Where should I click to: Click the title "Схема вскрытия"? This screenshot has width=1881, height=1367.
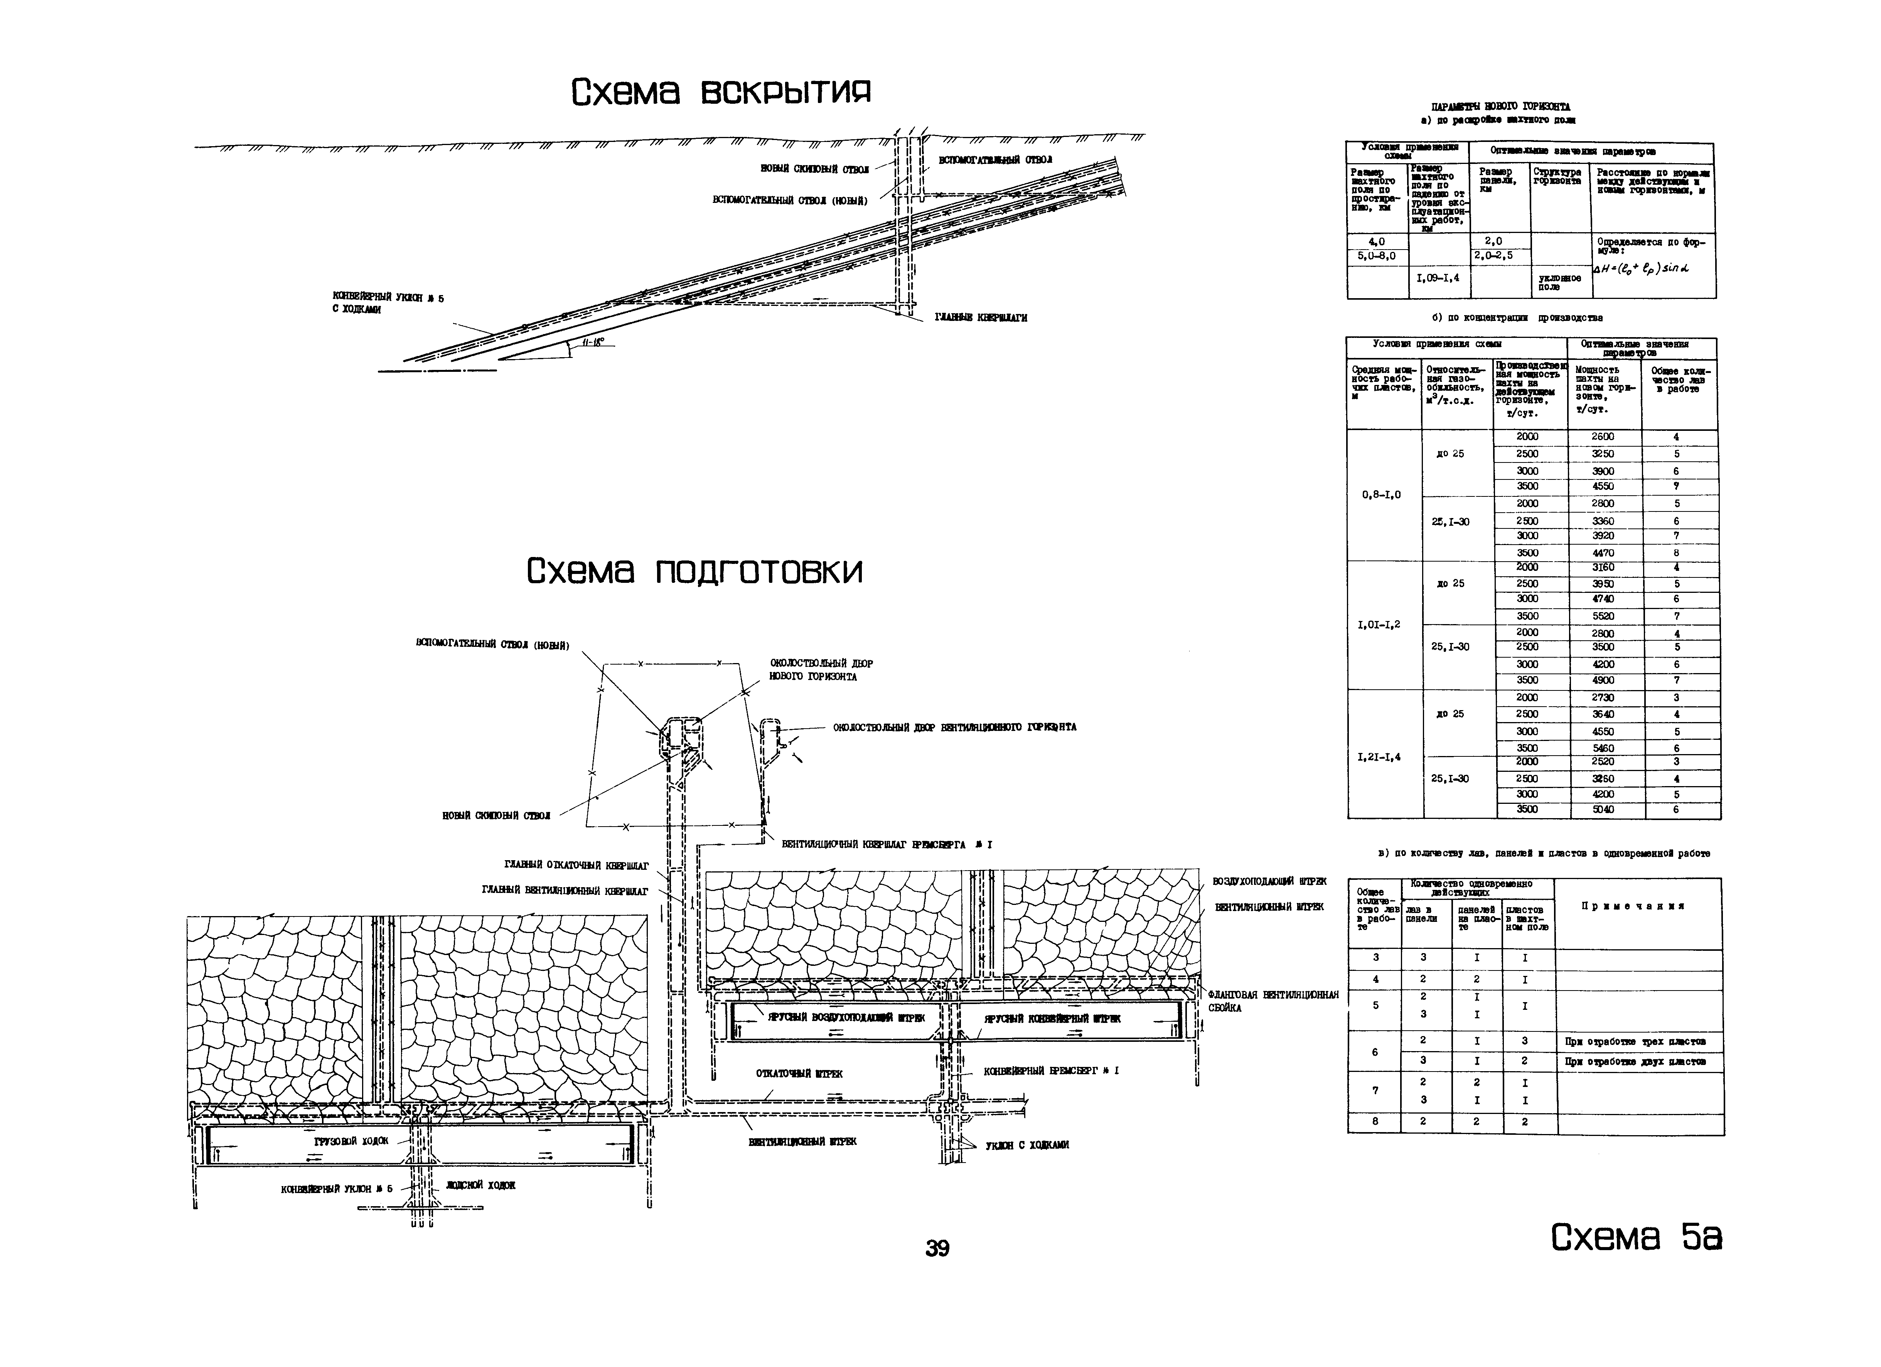click(x=721, y=92)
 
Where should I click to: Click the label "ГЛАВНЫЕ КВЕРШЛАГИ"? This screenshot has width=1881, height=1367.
click(x=981, y=318)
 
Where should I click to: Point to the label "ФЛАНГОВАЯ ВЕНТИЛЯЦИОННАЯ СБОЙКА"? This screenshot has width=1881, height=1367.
click(x=1273, y=1001)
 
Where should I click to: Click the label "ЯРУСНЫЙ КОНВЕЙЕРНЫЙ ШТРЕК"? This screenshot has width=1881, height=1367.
click(x=1052, y=1019)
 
